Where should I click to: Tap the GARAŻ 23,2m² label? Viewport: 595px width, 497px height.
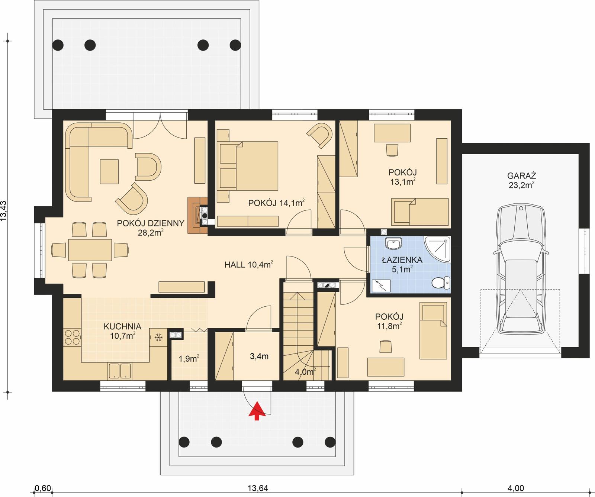pyautogui.click(x=522, y=180)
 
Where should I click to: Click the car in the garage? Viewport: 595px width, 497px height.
pyautogui.click(x=521, y=269)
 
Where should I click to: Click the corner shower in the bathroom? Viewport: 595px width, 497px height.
pyautogui.click(x=439, y=248)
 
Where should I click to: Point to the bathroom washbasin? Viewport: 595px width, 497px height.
pyautogui.click(x=393, y=244)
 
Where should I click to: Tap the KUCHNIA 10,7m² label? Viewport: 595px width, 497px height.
pyautogui.click(x=122, y=331)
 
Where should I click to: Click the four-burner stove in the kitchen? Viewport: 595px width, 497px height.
pyautogui.click(x=72, y=337)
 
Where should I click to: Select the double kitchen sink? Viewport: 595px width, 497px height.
pyautogui.click(x=120, y=371)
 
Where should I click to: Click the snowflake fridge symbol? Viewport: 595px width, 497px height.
pyautogui.click(x=158, y=338)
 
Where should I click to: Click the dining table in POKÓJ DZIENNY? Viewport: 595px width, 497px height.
pyautogui.click(x=90, y=250)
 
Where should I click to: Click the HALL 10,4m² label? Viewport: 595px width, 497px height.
pyautogui.click(x=248, y=265)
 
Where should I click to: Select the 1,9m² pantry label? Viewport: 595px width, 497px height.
pyautogui.click(x=189, y=359)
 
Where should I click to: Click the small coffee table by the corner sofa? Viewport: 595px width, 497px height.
pyautogui.click(x=109, y=171)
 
